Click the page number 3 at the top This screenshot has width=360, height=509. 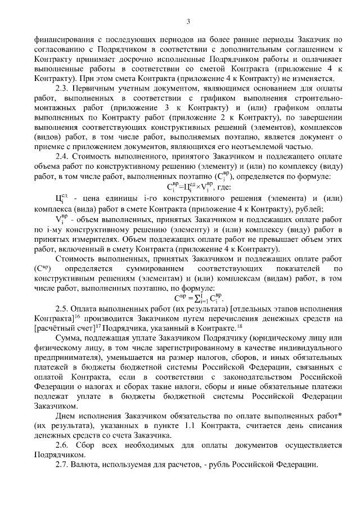(188, 21)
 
